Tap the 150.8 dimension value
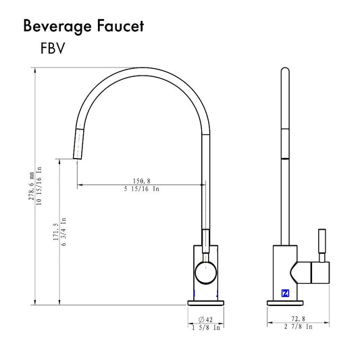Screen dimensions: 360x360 (141, 180)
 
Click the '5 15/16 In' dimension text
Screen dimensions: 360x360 (141, 190)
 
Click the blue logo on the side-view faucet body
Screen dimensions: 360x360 (285, 293)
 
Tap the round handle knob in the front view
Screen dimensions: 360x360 (205, 274)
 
